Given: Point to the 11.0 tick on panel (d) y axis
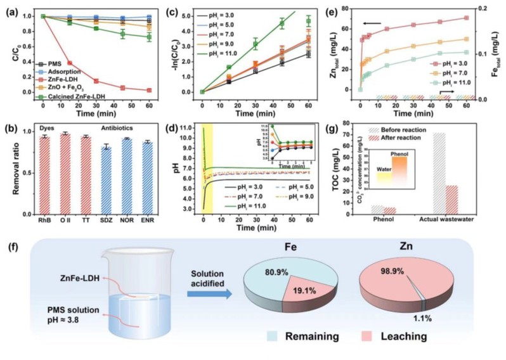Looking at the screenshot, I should coord(191,127).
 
